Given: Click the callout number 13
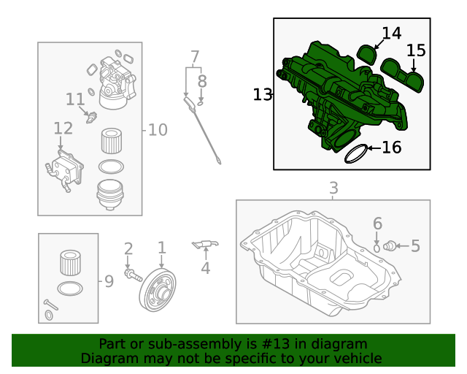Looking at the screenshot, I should point(262,94).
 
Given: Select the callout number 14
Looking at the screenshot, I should point(391,33).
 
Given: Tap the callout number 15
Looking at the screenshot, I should point(415,50).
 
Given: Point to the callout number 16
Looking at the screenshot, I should point(392,148).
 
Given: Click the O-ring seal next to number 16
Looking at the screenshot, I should point(355,153).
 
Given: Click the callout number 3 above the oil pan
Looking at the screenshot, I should point(333,188).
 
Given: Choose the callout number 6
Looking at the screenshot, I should point(377,223).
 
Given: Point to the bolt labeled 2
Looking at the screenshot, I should point(132,275).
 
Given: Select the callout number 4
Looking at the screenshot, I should point(205,268).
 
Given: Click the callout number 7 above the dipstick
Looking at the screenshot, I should point(195,56).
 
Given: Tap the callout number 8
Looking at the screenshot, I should point(202,81).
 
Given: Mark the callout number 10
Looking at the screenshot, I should point(158,130).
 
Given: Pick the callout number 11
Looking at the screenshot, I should point(75,99).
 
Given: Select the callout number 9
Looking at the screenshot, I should point(109,280).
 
